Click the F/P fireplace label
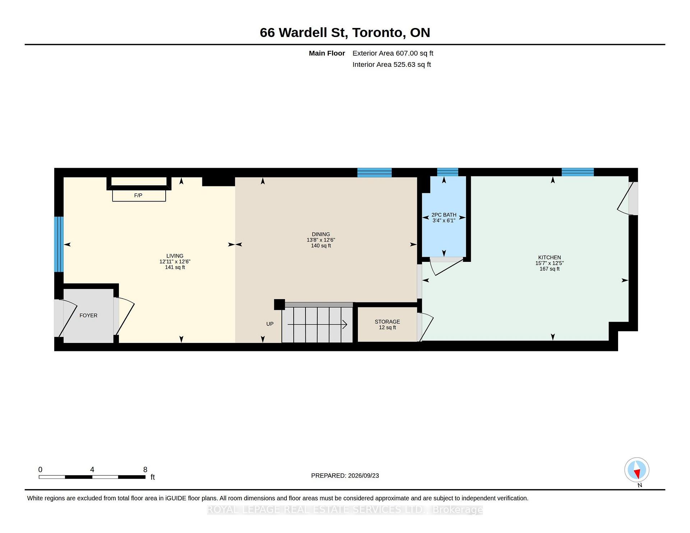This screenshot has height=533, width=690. [x=138, y=195]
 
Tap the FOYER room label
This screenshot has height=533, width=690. [x=88, y=315]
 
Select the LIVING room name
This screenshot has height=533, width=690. [x=175, y=256]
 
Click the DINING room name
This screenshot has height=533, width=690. [x=321, y=234]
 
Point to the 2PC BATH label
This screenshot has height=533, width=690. [x=444, y=215]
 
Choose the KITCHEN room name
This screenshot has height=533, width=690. [x=549, y=258]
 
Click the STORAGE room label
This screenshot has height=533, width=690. [x=387, y=322]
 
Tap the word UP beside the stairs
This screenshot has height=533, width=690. [x=270, y=324]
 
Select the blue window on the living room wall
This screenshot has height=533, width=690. [x=59, y=244]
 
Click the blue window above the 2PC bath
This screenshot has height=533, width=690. [x=447, y=172]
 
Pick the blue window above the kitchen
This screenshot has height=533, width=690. [x=578, y=172]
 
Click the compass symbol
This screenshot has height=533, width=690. [x=637, y=470]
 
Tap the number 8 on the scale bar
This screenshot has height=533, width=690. [x=145, y=469]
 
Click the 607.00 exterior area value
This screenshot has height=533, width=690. [x=407, y=53]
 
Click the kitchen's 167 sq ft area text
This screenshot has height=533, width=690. [x=549, y=269]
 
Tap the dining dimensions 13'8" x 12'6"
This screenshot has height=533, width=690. [x=321, y=240]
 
